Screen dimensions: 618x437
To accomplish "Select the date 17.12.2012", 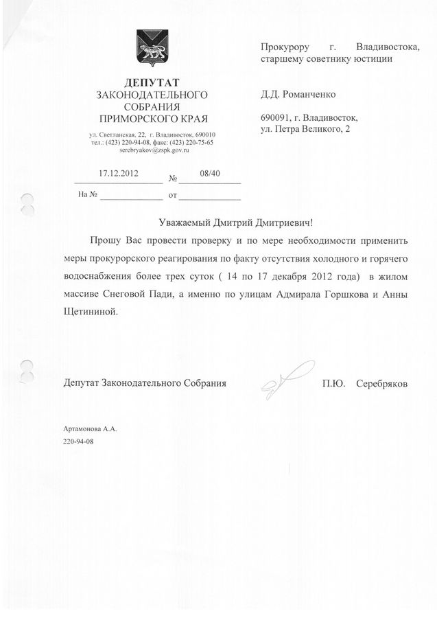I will point(119,173).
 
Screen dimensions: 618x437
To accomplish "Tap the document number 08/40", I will point(209,173).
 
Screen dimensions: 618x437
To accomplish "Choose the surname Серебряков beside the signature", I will point(381,384).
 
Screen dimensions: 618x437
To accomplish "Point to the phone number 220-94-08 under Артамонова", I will point(78,441).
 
